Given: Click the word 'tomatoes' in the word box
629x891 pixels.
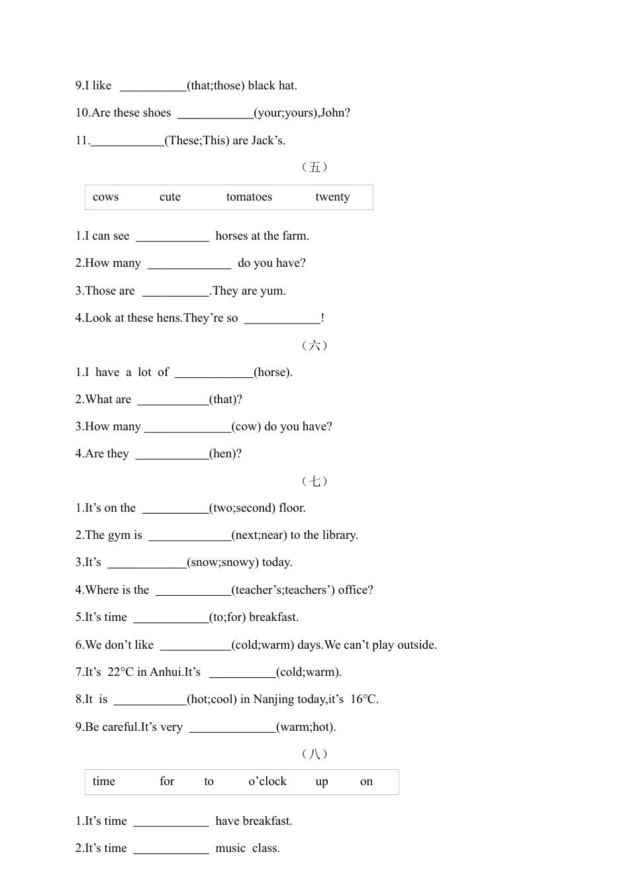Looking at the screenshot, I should pyautogui.click(x=249, y=197).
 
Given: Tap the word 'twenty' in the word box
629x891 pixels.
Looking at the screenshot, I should pyautogui.click(x=332, y=197).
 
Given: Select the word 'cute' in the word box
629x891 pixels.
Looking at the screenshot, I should pyautogui.click(x=170, y=197).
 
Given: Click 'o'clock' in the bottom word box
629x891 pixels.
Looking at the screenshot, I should pyautogui.click(x=267, y=781).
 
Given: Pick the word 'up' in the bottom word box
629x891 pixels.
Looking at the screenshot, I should pyautogui.click(x=322, y=781).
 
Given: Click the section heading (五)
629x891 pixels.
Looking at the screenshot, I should pyautogui.click(x=314, y=167).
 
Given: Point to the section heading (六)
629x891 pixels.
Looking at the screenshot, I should pyautogui.click(x=314, y=345).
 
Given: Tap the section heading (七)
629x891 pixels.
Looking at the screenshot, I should pyautogui.click(x=314, y=481).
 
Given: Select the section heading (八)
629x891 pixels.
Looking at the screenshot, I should pyautogui.click(x=314, y=754).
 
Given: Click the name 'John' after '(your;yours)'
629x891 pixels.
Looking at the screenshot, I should pyautogui.click(x=334, y=113).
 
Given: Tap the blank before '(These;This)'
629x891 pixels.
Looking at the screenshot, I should pyautogui.click(x=127, y=141).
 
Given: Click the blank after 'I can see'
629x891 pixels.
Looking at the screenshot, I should pyautogui.click(x=172, y=236).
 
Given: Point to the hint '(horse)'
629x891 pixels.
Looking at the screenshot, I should pyautogui.click(x=273, y=372).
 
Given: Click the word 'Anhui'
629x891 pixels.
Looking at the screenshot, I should pyautogui.click(x=166, y=672).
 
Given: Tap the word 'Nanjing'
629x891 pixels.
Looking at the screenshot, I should pyautogui.click(x=273, y=699).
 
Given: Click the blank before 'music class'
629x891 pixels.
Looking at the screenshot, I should pyautogui.click(x=171, y=849).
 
